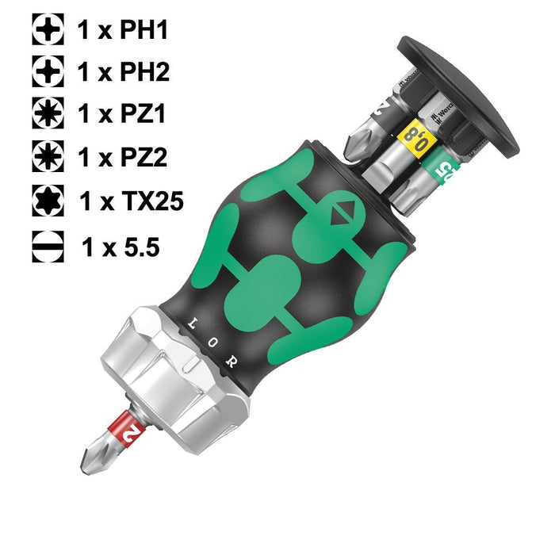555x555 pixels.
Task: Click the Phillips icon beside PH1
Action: pos(48,30)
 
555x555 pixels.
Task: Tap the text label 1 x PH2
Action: pos(123,72)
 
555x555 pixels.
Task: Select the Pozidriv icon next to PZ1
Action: pos(48,113)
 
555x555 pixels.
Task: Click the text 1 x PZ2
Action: pos(123,155)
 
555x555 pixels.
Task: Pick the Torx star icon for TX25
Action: pos(48,198)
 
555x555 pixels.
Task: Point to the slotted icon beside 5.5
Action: pos(48,247)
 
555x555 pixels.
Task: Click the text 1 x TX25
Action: pos(131,201)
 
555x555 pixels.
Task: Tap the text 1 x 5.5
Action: pos(121,247)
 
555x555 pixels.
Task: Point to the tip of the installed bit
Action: pos(85,469)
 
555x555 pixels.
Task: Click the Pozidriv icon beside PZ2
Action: pos(48,155)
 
